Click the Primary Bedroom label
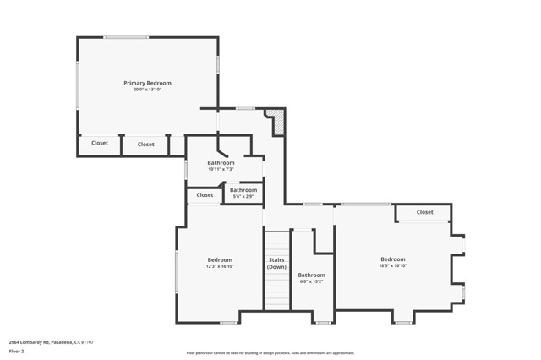click(x=147, y=83)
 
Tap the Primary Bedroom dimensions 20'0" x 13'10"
click(x=147, y=90)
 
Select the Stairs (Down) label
click(x=276, y=263)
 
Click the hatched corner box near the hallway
click(x=276, y=123)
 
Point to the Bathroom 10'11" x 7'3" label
click(x=227, y=162)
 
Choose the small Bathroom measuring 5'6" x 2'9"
click(x=243, y=190)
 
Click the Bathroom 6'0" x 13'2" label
click(x=311, y=275)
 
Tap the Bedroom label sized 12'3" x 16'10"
click(x=220, y=259)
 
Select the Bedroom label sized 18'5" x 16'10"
click(x=392, y=259)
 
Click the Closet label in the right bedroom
click(x=424, y=212)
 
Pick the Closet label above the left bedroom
click(x=205, y=195)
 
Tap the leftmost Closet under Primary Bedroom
click(x=100, y=143)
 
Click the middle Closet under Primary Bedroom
click(x=146, y=144)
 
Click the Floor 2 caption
click(x=17, y=351)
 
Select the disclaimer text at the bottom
click(x=270, y=353)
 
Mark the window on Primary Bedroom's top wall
click(x=127, y=36)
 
